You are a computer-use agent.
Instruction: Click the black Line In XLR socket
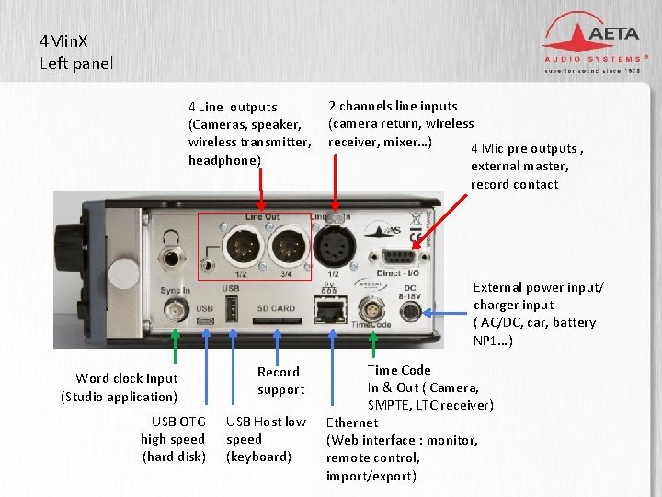pyautogui.click(x=335, y=246)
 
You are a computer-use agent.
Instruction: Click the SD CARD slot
pyautogui.click(x=276, y=322)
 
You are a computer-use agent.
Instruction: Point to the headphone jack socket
pyautogui.click(x=170, y=247)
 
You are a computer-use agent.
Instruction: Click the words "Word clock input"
pyautogui.click(x=127, y=378)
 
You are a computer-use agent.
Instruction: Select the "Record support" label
pyautogui.click(x=280, y=381)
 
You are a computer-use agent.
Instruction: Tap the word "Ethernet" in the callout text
pyautogui.click(x=352, y=422)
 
